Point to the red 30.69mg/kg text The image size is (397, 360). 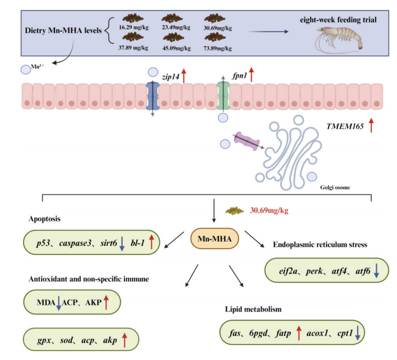point(269,211)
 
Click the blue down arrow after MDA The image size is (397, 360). point(59,305)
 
